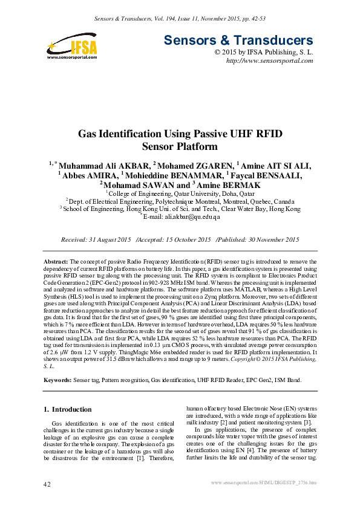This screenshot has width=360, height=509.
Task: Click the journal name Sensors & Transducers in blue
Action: click(x=238, y=41)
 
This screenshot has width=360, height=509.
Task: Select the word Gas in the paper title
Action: click(x=89, y=134)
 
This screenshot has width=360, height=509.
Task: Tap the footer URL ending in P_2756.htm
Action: click(x=263, y=482)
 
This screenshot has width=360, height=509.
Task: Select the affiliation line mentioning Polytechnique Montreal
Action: click(x=180, y=201)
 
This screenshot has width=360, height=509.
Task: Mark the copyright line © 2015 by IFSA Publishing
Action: click(x=264, y=53)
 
